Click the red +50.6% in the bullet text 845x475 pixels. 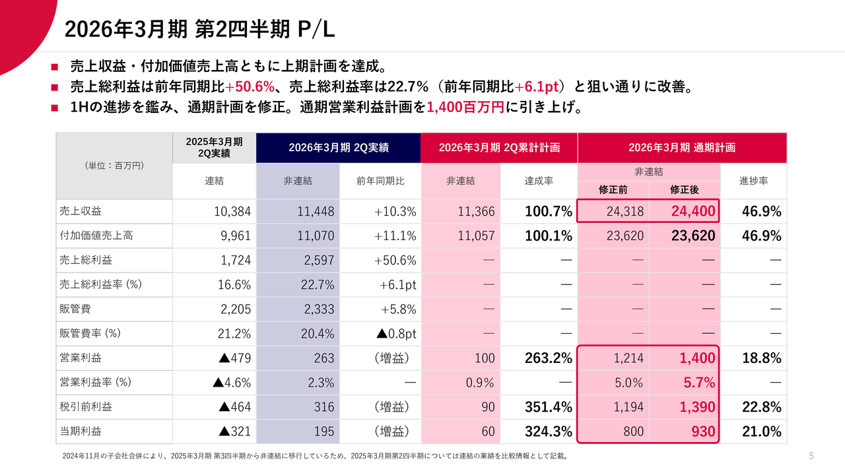(x=250, y=87)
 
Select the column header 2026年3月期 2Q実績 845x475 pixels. (x=338, y=148)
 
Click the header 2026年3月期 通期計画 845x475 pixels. (x=681, y=148)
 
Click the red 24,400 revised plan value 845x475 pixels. (x=693, y=212)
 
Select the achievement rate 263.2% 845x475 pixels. (x=548, y=358)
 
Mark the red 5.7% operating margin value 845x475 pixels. (x=700, y=383)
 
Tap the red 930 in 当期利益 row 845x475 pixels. (x=703, y=431)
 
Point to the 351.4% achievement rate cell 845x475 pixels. (x=548, y=407)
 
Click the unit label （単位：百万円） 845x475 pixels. (x=114, y=166)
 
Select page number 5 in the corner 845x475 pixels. (x=811, y=456)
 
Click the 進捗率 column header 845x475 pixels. (x=753, y=180)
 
